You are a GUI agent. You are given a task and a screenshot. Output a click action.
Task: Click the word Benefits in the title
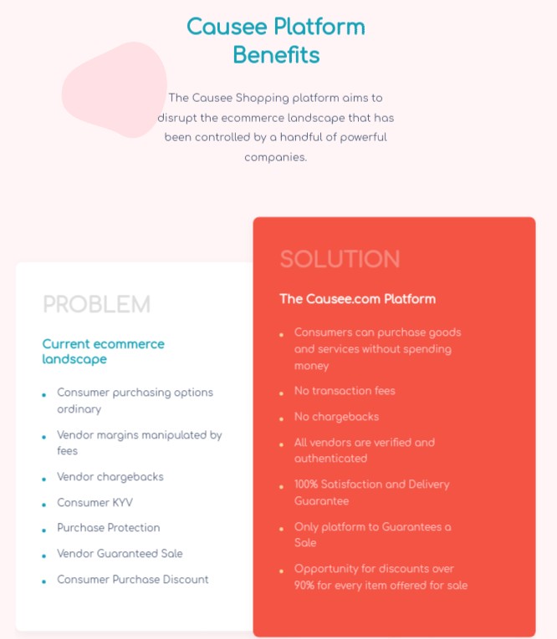[276, 54]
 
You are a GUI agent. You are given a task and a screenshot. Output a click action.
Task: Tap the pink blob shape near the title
[115, 89]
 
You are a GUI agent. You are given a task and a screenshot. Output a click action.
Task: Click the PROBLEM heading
[97, 304]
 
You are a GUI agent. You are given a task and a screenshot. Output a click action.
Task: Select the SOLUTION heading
[340, 259]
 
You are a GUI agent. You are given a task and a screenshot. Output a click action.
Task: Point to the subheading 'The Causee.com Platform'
[357, 299]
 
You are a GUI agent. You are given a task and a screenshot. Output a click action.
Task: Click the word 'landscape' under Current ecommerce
[74, 359]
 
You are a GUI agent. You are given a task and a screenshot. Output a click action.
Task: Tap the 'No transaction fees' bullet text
[345, 390]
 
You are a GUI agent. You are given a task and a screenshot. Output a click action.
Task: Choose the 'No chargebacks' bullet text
[337, 417]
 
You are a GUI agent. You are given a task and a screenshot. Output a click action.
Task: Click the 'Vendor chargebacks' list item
[110, 476]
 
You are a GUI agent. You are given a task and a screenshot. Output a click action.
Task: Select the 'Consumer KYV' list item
[95, 502]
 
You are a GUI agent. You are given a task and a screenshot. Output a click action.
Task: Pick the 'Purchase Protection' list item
[109, 527]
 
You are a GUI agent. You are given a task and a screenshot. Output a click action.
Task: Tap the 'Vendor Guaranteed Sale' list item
[120, 554]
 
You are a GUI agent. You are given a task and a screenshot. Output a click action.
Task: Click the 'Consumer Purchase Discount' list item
[133, 579]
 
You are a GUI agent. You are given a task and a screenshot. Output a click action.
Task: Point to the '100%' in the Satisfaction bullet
[306, 484]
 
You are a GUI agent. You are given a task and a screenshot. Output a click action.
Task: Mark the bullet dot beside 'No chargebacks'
[281, 419]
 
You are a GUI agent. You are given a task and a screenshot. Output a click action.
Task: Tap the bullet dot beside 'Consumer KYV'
[43, 505]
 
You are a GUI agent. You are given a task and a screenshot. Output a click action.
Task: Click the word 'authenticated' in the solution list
[331, 459]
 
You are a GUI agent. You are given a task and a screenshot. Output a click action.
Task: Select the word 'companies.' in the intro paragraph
[276, 157]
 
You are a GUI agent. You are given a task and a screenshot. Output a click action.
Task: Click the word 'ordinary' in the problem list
[79, 409]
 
